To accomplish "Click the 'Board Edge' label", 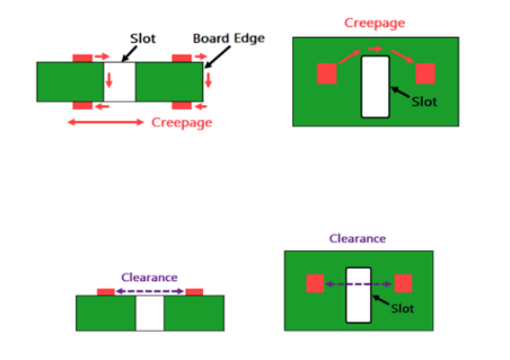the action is (x=228, y=39).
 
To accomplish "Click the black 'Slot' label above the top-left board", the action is (x=143, y=39).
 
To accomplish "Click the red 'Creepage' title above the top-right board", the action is (x=375, y=23).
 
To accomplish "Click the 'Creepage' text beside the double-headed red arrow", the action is (x=182, y=123).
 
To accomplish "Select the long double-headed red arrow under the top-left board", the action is (x=106, y=122).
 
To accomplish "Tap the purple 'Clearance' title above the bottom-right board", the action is (x=358, y=239).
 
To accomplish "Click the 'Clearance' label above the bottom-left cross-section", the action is (x=149, y=277).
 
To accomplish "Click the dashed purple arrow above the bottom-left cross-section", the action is (x=150, y=291).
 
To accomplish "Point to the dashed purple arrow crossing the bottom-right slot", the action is (x=359, y=284).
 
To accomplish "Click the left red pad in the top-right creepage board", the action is (x=327, y=73).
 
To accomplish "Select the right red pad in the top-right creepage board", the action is (x=425, y=73).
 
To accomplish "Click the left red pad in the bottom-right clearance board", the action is (x=315, y=283).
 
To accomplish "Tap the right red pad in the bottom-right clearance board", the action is (x=403, y=283).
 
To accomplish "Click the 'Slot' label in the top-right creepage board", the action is (x=425, y=102).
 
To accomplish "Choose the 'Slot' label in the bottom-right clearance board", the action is (x=402, y=308).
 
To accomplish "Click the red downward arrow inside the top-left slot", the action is (x=109, y=81).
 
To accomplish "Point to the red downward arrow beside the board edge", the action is (x=209, y=81).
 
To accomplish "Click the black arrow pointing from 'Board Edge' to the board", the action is (x=217, y=57).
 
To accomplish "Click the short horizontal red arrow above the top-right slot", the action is (x=376, y=49).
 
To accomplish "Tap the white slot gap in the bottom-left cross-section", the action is (x=149, y=313).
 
